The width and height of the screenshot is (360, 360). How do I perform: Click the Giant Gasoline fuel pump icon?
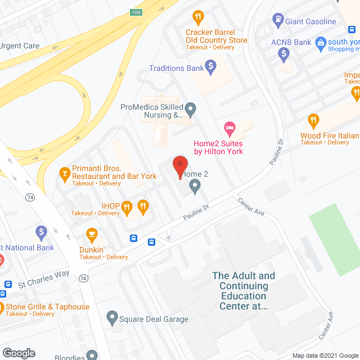(x=277, y=22)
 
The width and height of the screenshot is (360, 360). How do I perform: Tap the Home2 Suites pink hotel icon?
(x=229, y=128)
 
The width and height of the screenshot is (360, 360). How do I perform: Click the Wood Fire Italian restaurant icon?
(x=314, y=120)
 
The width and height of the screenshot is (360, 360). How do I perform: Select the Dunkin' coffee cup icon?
(x=92, y=235)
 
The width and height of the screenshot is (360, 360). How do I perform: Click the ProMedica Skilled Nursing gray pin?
(x=191, y=107)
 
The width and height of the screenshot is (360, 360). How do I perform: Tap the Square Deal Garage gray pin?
(x=112, y=319)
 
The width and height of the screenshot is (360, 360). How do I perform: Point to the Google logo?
(x=19, y=353)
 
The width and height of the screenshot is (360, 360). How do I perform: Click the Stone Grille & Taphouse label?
(x=47, y=307)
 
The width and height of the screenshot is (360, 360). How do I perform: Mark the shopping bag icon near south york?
(x=321, y=42)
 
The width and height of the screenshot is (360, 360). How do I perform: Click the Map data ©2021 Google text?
(x=325, y=355)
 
